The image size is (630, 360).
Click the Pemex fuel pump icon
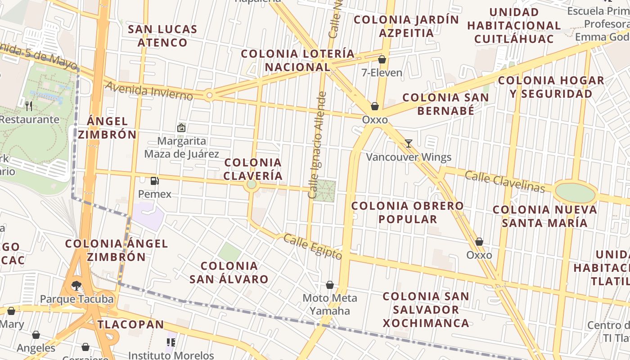tap(155, 181)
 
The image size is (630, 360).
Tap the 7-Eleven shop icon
tap(382, 59)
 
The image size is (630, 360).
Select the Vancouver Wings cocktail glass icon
tap(408, 144)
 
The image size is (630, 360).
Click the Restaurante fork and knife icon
tap(29, 106)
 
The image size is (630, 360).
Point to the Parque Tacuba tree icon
tap(76, 285)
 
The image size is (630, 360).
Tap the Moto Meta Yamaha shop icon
tap(330, 285)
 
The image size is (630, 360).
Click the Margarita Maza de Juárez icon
tap(181, 128)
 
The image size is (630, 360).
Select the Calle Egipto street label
tap(312, 247)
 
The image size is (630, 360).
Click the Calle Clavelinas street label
tap(504, 181)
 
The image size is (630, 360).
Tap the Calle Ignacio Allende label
tap(316, 145)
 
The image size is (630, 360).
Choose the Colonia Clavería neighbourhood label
tap(253, 169)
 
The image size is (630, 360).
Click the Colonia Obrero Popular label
tap(407, 212)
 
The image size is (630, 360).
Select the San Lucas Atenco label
tap(162, 36)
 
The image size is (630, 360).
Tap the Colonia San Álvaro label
tap(229, 272)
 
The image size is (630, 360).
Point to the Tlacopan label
tap(131, 324)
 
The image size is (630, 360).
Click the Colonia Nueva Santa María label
tap(544, 216)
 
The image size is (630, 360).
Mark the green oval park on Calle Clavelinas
tap(575, 193)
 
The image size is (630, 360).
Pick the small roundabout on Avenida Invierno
tap(209, 95)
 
